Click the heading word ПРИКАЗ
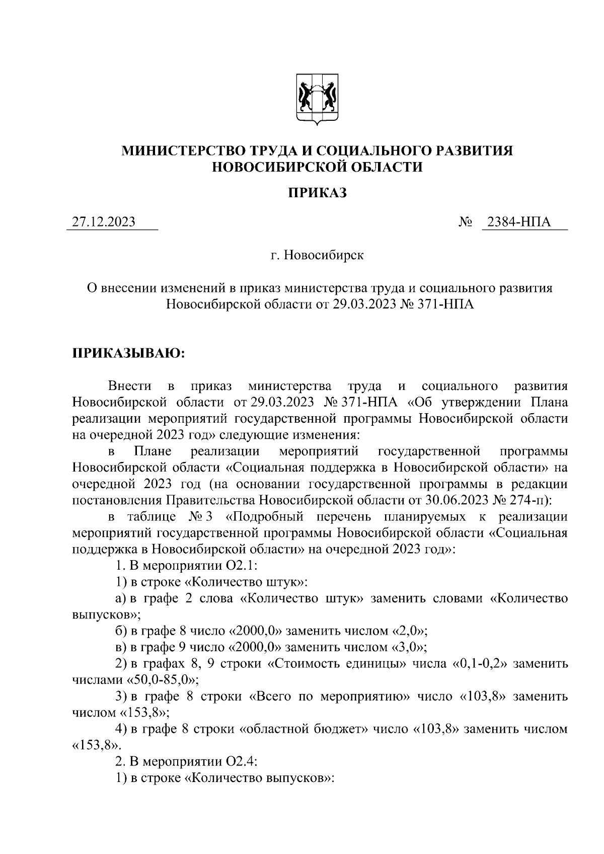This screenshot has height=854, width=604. (318, 193)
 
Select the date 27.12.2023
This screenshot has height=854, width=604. (104, 222)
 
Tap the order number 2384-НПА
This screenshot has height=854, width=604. (522, 222)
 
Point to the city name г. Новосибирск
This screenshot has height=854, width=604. (318, 256)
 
